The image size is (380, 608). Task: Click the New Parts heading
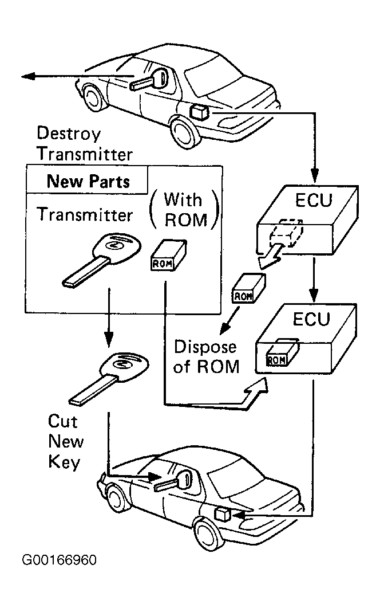tap(88, 182)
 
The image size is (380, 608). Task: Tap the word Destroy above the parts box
tap(69, 134)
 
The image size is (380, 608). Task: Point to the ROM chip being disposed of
tap(247, 288)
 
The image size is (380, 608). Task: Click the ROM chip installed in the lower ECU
tap(281, 352)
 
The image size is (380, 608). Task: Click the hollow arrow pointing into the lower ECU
tap(255, 391)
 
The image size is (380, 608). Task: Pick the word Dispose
tap(205, 347)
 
